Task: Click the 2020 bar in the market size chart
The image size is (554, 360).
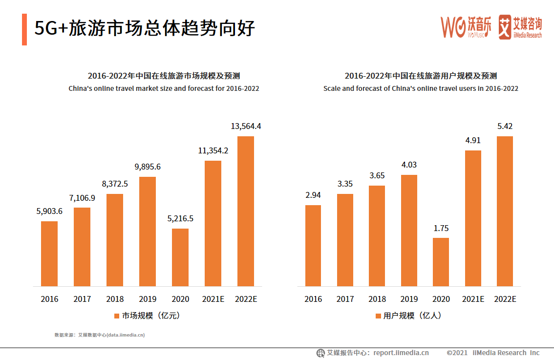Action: coord(180,257)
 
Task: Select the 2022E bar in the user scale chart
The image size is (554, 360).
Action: coord(505,211)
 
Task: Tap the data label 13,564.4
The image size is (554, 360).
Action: coord(246,126)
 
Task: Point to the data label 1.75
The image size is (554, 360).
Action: coord(441,228)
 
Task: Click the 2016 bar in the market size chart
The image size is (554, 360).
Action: coord(49,254)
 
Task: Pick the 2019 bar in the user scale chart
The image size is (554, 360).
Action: coord(409,230)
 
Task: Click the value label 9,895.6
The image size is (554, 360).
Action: coord(147,167)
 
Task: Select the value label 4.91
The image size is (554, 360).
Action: coord(472,140)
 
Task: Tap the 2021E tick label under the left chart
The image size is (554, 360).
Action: coord(213,299)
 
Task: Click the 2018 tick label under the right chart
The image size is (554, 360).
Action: coord(377,299)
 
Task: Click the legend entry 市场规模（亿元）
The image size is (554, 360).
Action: coord(147,316)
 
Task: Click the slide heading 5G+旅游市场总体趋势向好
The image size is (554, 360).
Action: coord(145,28)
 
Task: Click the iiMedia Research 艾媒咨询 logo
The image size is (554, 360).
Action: coord(520,27)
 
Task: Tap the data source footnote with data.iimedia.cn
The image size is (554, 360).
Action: coord(99,335)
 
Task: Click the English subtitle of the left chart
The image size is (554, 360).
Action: coord(164,88)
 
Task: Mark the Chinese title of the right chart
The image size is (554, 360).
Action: coord(421,76)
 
